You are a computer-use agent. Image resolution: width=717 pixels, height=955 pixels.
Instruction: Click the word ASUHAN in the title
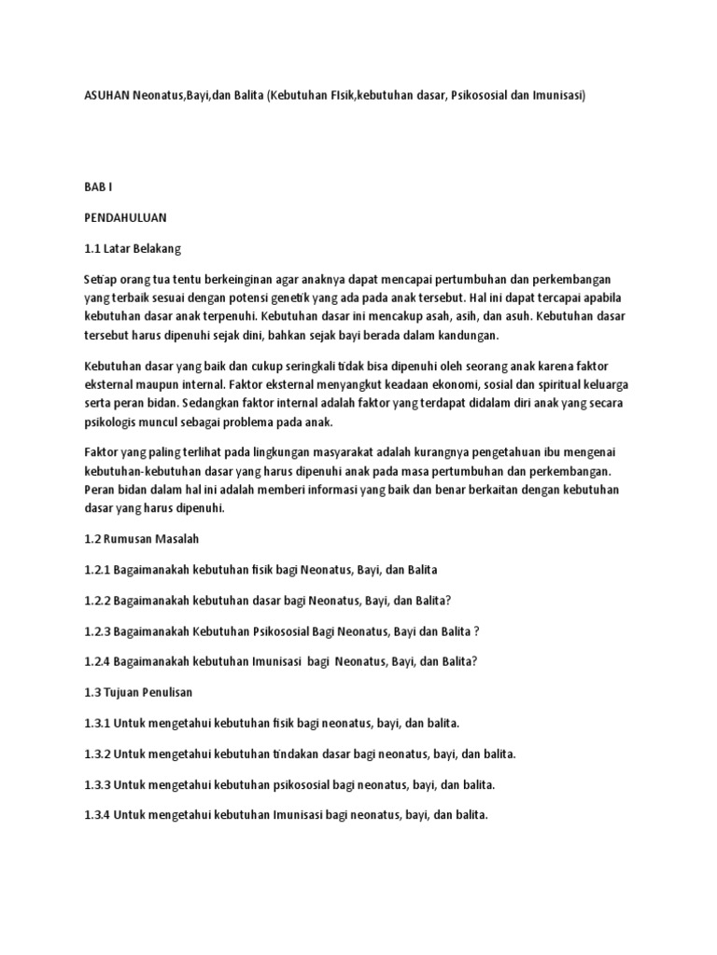click(x=108, y=95)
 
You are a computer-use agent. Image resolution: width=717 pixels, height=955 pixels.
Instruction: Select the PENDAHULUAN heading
click(x=126, y=218)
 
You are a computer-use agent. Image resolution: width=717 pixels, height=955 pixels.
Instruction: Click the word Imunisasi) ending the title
click(x=555, y=95)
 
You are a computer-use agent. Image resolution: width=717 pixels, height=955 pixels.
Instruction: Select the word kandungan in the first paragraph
click(x=470, y=335)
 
